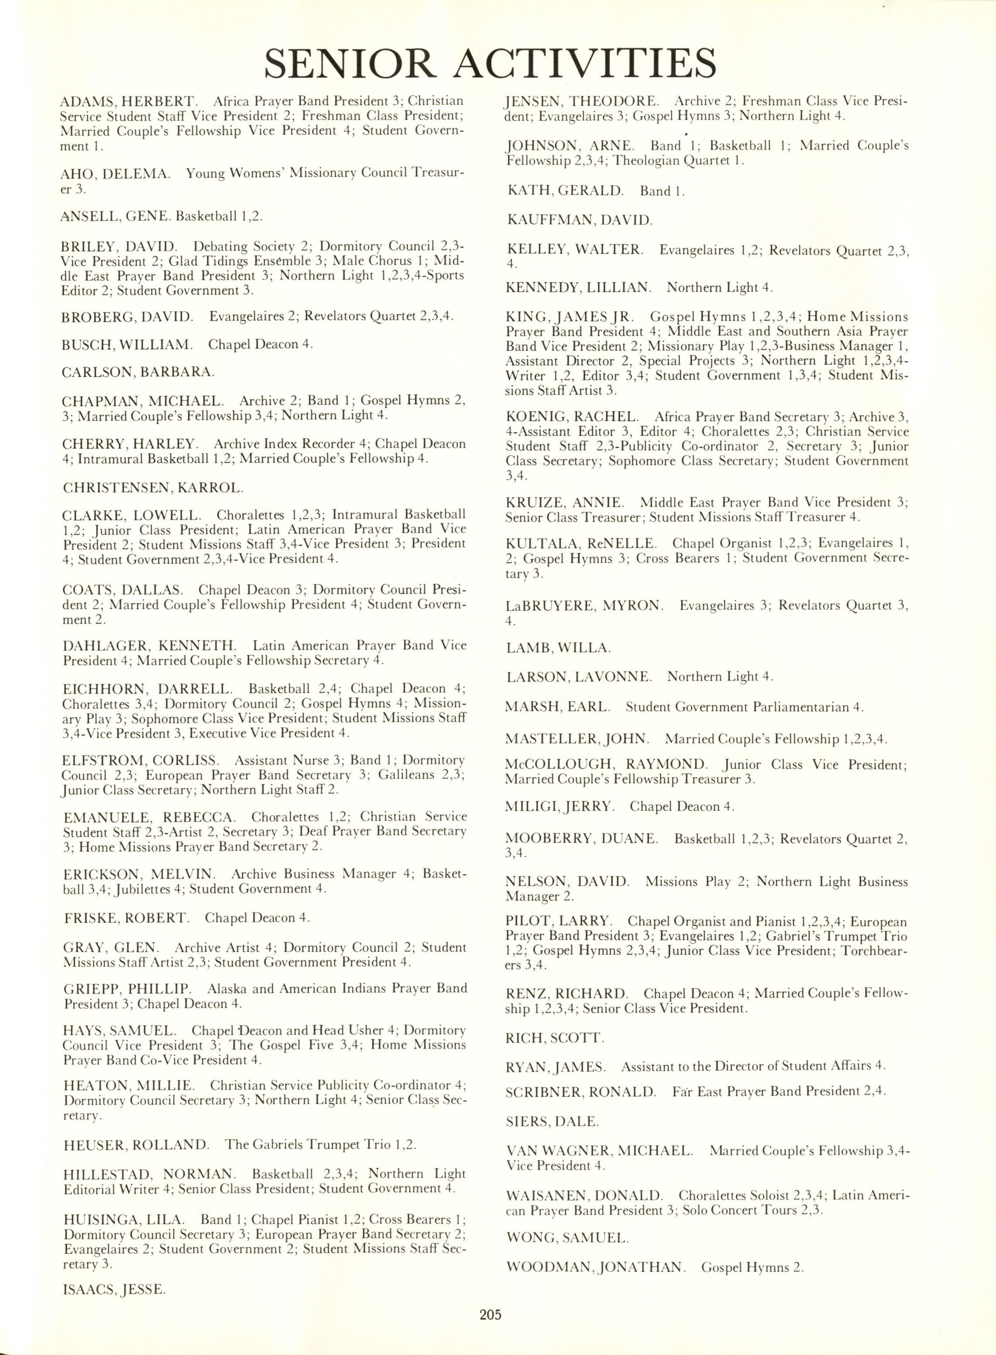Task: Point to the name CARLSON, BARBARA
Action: (x=137, y=372)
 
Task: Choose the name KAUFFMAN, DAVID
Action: (x=579, y=220)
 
